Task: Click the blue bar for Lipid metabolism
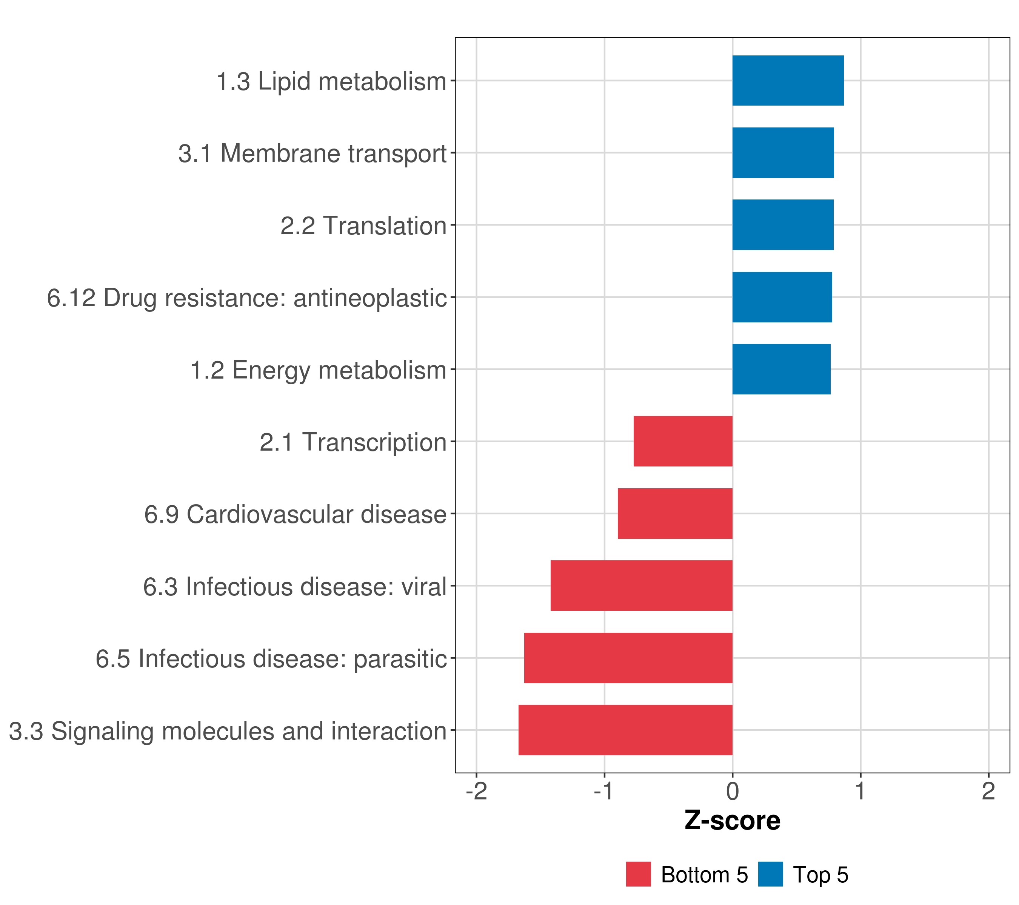(788, 81)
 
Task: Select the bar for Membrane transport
(783, 153)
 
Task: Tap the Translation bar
(783, 225)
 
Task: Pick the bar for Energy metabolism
(781, 369)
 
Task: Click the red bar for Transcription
(683, 441)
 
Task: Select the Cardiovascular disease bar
(675, 514)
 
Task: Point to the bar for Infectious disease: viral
(642, 586)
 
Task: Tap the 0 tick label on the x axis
(732, 791)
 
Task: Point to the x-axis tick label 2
(988, 791)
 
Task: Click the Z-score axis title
(732, 821)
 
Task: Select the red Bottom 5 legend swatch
(639, 874)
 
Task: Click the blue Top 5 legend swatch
(770, 874)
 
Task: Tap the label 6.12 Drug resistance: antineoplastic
(247, 298)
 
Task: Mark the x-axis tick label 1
(860, 791)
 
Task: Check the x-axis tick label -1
(604, 791)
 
